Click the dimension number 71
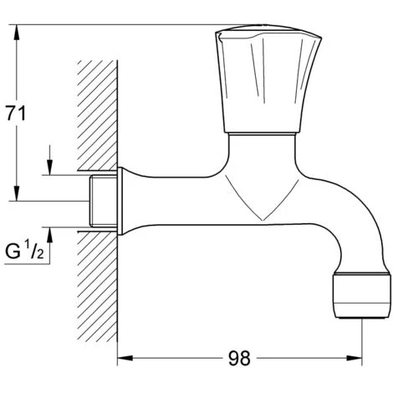[x=16, y=114]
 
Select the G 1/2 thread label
[x=24, y=251]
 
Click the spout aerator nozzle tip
[x=361, y=296]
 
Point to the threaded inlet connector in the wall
[x=103, y=201]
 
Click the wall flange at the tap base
[x=120, y=201]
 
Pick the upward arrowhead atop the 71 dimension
[x=17, y=33]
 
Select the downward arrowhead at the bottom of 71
[x=17, y=193]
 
